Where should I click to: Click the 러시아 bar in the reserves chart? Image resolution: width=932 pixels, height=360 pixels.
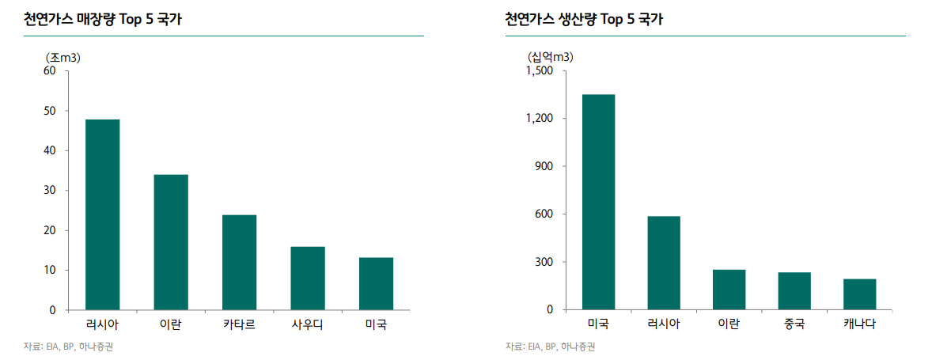point(103,214)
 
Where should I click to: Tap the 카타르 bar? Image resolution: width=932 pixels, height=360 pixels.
point(239,262)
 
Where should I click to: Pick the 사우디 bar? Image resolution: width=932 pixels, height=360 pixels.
point(308,278)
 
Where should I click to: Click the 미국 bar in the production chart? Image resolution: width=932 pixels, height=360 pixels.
point(598,202)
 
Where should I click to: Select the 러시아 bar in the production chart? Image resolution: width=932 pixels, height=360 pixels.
point(664,263)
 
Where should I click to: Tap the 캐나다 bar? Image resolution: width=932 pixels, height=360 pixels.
point(859,294)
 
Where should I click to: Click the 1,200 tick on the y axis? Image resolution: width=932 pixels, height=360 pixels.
point(545,119)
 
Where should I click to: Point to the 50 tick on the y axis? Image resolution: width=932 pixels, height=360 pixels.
point(50,111)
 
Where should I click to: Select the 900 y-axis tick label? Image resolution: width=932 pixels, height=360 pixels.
point(551,166)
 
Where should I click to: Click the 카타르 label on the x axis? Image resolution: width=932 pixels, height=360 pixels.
point(239,324)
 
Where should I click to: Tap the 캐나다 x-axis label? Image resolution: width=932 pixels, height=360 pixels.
point(859,324)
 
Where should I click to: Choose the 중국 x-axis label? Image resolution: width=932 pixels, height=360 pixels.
point(794,324)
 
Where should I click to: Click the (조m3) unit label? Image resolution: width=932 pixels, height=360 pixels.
point(64,57)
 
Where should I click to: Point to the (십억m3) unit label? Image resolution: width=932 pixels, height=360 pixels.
point(551,57)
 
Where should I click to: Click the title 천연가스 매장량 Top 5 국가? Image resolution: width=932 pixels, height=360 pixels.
point(103,20)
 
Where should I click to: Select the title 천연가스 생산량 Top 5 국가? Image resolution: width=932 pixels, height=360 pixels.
point(584,20)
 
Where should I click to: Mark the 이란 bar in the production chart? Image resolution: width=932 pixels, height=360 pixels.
point(729,290)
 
